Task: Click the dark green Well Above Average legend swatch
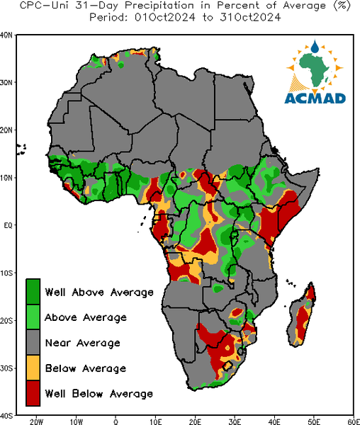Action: coord(33,292)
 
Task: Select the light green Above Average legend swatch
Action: coord(33,317)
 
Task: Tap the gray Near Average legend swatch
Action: coord(33,342)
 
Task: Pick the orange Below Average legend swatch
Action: coord(33,368)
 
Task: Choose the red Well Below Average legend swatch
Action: coord(33,393)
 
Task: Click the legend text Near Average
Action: coord(83,343)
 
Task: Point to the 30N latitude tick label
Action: coord(6,82)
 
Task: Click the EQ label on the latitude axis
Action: coord(8,225)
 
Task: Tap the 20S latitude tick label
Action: coord(6,320)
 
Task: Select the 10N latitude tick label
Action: coord(6,178)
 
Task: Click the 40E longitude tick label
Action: coord(274,421)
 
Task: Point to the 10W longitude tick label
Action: coord(76,421)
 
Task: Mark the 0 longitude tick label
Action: coord(116,421)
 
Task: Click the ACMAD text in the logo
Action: coord(315,98)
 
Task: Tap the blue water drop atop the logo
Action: coord(315,46)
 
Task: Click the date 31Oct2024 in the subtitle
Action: coord(250,17)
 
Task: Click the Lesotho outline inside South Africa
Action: coord(227,366)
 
